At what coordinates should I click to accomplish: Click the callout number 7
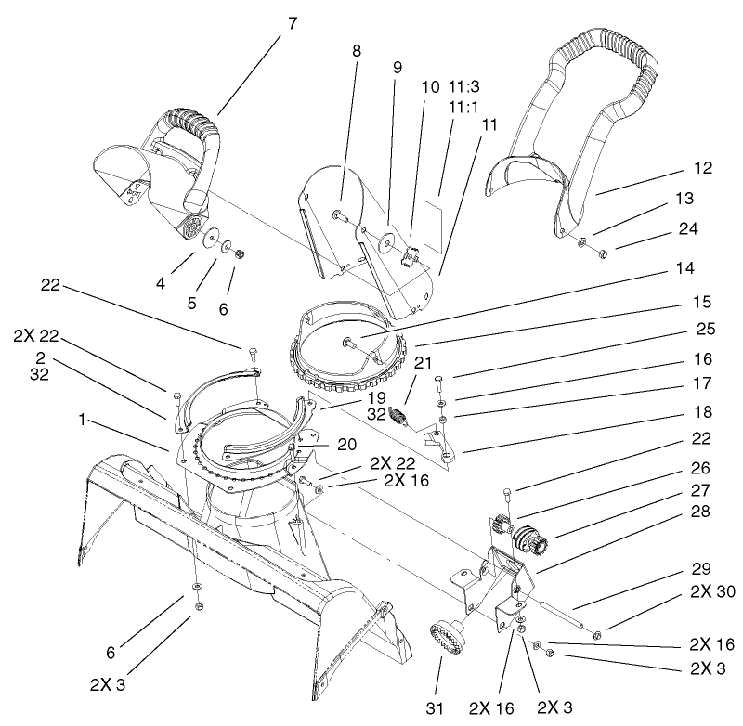tap(293, 23)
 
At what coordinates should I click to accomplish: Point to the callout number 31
tap(437, 707)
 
